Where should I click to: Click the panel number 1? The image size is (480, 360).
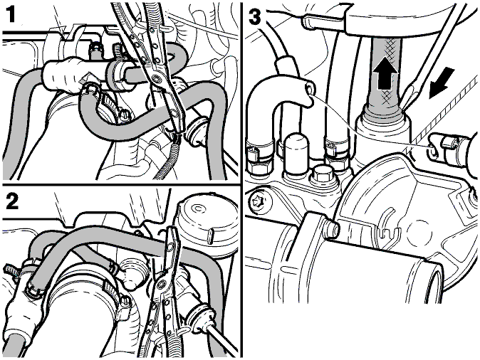coord(11,14)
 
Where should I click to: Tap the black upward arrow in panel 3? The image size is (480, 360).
coord(386,75)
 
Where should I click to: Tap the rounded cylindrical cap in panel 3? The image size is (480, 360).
coord(295,151)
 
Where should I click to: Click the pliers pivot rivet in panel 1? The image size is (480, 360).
coord(156,79)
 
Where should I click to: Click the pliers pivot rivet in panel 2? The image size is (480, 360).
coord(160,285)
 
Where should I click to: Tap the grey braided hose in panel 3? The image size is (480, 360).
coord(385,76)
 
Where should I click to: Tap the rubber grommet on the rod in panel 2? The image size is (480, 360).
coord(199,317)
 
